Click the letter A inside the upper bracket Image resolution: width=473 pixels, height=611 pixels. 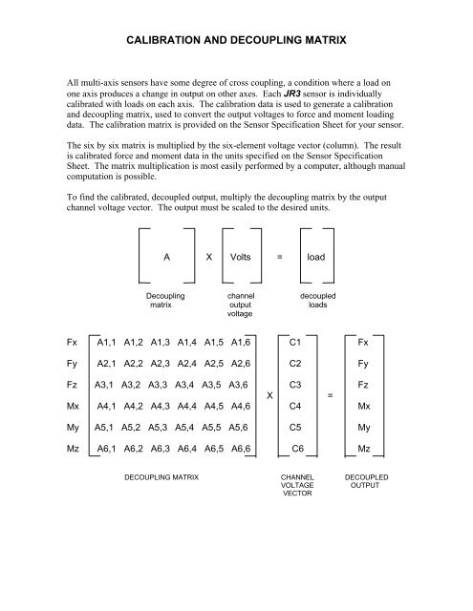point(167,258)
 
